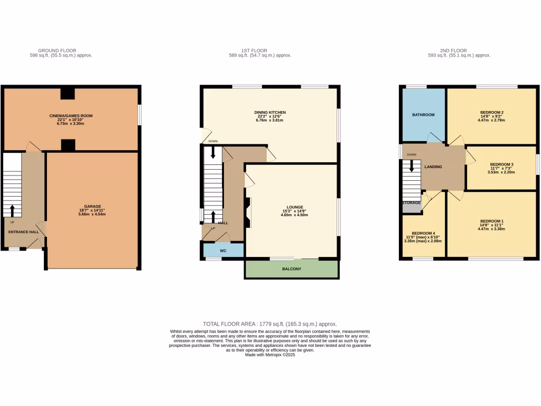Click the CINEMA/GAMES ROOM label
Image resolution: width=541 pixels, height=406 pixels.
[x=71, y=115]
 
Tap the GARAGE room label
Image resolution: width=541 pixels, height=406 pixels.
[x=92, y=207]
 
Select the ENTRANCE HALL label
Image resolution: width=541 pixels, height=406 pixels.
[x=23, y=232]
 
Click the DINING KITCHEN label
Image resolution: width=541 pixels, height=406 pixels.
[x=270, y=113]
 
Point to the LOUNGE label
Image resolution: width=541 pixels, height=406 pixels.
[x=294, y=208]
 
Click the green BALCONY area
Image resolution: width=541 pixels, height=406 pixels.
[x=291, y=269]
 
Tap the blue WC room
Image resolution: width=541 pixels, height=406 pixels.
[x=222, y=250]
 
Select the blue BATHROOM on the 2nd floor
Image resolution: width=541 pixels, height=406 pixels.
[x=424, y=115]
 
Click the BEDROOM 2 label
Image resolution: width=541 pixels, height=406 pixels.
[x=491, y=113]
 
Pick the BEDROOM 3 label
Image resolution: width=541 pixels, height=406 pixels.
[x=502, y=164]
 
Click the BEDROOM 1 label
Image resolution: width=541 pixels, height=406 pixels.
[x=491, y=221]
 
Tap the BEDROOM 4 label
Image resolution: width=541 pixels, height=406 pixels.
[x=424, y=233]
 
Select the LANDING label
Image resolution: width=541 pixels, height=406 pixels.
[x=433, y=167]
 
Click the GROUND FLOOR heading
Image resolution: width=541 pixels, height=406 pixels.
[x=61, y=51]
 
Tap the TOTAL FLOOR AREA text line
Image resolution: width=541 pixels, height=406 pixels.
[x=270, y=324]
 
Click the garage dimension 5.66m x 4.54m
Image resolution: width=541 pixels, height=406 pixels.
[x=92, y=214]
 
